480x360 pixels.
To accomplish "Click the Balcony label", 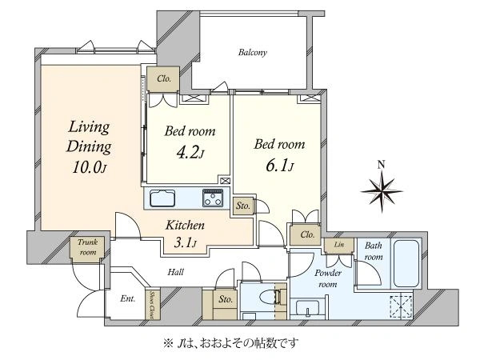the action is point(253,53).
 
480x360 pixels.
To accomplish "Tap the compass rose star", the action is point(382,191).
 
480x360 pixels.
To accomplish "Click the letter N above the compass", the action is point(381,165).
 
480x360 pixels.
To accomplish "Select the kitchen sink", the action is point(162,198).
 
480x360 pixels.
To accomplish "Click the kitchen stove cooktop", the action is point(213,198).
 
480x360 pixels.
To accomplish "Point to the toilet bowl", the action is point(269,296).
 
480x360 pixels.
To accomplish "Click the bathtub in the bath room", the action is point(406,263).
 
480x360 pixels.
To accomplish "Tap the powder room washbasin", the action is point(308,308).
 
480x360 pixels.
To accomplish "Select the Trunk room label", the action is point(88,247).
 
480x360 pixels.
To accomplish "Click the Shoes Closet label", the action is point(151,304).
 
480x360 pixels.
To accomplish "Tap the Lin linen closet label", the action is point(339,245).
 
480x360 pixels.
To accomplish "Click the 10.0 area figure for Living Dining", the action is point(89,167).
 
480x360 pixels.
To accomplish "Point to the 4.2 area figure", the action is point(190,152).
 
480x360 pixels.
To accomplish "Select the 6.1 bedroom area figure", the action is point(279,166).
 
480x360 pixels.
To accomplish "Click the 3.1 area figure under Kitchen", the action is point(185,242).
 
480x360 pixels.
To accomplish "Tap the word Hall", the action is point(175,272).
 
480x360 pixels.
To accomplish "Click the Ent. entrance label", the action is point(128,298).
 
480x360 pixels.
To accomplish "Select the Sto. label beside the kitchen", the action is point(243,206).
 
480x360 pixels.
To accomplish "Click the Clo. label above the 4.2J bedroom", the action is point(164,78).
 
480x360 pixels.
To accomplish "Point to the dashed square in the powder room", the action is point(402,307).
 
